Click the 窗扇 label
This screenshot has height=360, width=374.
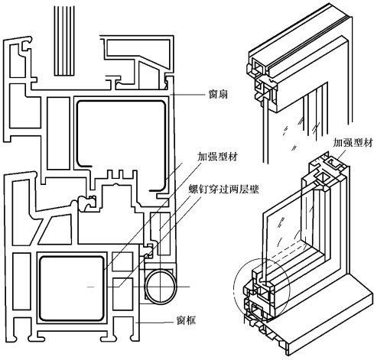(x=218, y=94)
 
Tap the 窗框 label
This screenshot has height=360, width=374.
(x=187, y=320)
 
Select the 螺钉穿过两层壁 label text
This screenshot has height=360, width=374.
(x=223, y=189)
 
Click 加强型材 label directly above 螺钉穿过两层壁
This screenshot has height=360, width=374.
(x=218, y=157)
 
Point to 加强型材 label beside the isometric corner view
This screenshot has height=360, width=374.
(x=353, y=143)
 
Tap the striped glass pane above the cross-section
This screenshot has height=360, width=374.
(x=64, y=41)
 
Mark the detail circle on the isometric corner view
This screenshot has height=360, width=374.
(x=233, y=288)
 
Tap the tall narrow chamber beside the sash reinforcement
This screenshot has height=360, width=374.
(x=58, y=133)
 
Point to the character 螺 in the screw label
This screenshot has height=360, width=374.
(x=194, y=189)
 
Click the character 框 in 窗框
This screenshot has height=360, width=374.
(x=191, y=320)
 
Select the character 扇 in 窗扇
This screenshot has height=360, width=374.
(x=223, y=94)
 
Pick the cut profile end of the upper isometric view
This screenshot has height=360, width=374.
(x=262, y=82)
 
